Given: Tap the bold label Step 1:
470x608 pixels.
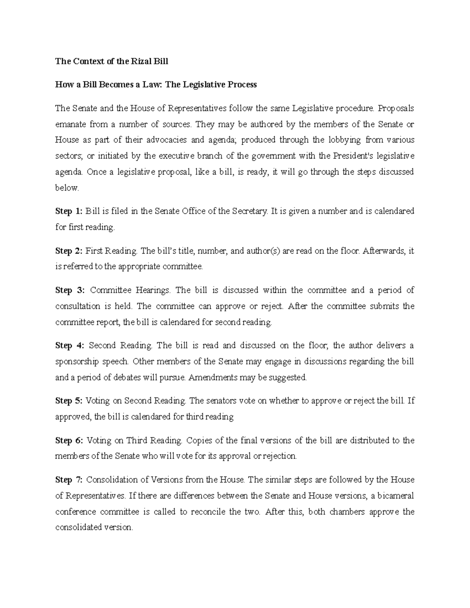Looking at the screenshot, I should click(x=69, y=211).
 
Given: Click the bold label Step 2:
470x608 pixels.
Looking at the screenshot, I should click(x=69, y=251).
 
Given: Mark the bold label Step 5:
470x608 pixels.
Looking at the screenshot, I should click(x=69, y=401).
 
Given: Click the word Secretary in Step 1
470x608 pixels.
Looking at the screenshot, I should click(x=249, y=211).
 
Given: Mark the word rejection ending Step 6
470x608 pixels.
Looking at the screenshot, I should click(x=280, y=456).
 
